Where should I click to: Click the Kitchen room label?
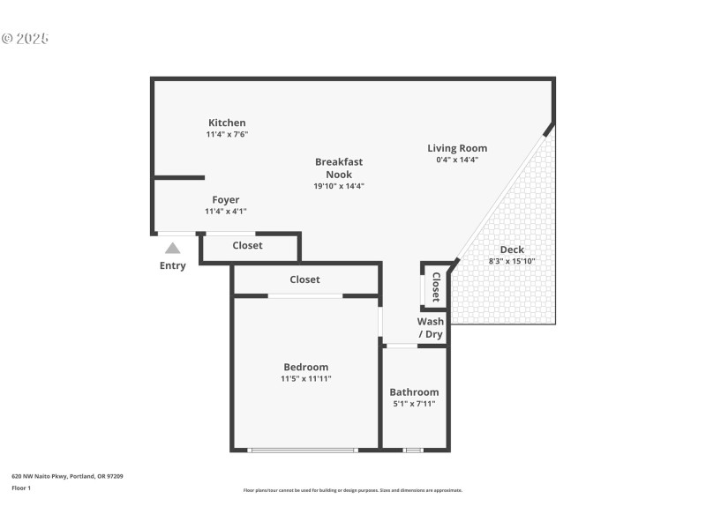pyautogui.click(x=227, y=123)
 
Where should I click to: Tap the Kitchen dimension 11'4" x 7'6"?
pyautogui.click(x=227, y=135)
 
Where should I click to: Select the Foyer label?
pyautogui.click(x=226, y=200)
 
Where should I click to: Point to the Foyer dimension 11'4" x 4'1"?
pyautogui.click(x=226, y=212)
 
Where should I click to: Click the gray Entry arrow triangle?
pyautogui.click(x=173, y=249)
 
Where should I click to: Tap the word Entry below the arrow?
pyautogui.click(x=173, y=265)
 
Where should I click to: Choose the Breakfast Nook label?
pyautogui.click(x=339, y=168)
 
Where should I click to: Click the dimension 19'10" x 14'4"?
pyautogui.click(x=339, y=186)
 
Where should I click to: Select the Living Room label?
pyautogui.click(x=457, y=148)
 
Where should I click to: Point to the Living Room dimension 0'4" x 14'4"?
pyautogui.click(x=457, y=160)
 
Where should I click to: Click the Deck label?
pyautogui.click(x=512, y=250)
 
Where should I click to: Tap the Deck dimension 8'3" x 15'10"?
pyautogui.click(x=512, y=261)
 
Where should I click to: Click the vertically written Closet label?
pyautogui.click(x=435, y=287)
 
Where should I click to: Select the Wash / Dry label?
pyautogui.click(x=431, y=328)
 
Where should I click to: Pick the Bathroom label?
pyautogui.click(x=414, y=392)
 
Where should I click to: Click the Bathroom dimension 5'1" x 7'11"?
pyautogui.click(x=414, y=404)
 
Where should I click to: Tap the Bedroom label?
pyautogui.click(x=306, y=367)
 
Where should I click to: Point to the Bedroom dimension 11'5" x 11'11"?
pyautogui.click(x=306, y=378)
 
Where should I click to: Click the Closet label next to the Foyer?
pyautogui.click(x=248, y=245)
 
